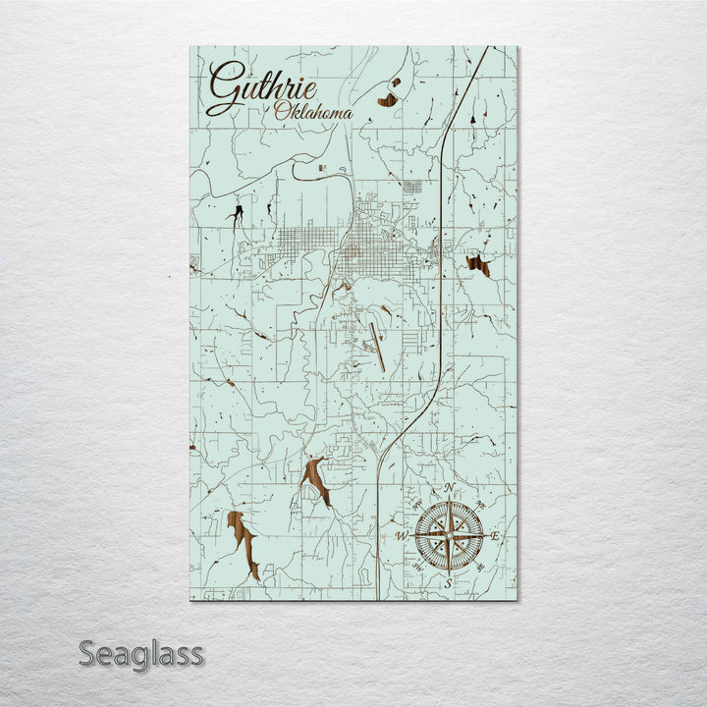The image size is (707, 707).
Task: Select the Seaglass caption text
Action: pos(141,652)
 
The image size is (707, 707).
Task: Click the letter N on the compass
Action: pos(449,489)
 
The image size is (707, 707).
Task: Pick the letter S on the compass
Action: pos(448,583)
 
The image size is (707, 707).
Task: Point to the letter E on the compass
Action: pos(496,536)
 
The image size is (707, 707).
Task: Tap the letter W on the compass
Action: pos(402,536)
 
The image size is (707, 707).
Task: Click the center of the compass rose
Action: pos(449,536)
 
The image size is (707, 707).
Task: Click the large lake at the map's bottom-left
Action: pos(244,543)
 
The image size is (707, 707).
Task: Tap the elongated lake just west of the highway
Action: pos(317,479)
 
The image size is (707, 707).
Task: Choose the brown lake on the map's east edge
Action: pos(479,264)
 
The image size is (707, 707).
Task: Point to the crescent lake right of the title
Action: pos(389,98)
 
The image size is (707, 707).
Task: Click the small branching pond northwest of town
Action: pos(236,214)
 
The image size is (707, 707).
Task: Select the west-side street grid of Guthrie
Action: pos(304,241)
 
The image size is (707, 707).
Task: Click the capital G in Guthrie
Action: pos(224,86)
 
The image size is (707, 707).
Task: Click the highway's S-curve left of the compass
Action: pos(385,447)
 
